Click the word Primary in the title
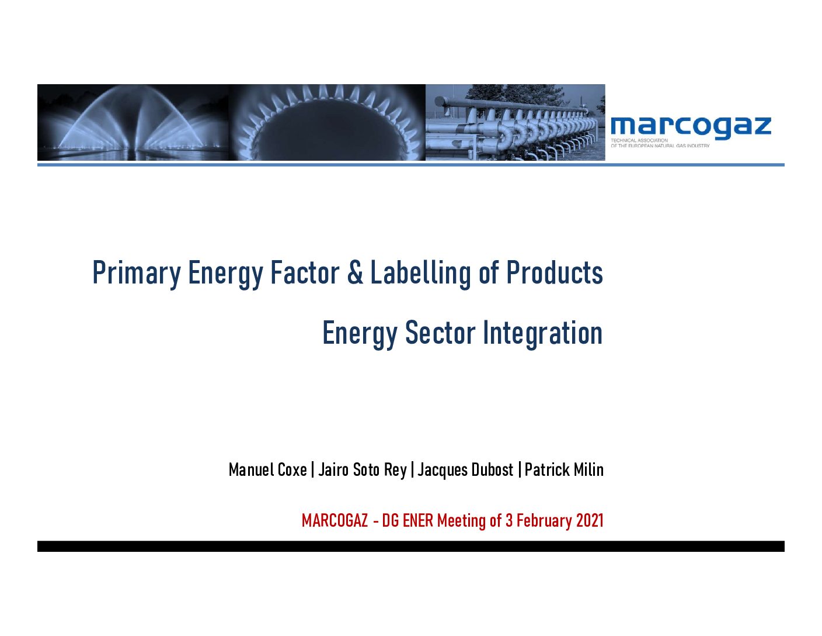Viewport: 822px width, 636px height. tap(137, 273)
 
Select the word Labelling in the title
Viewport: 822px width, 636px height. tap(421, 273)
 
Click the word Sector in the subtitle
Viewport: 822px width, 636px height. tap(440, 333)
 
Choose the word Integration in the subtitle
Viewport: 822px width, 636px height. tap(543, 334)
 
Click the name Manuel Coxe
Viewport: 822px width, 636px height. tap(267, 470)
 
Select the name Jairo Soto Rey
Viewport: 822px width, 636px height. tap(363, 470)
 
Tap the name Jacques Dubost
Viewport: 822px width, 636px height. tap(465, 470)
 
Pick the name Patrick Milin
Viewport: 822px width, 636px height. tap(563, 470)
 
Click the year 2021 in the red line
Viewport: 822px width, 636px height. tap(590, 520)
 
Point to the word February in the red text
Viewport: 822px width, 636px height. tap(544, 521)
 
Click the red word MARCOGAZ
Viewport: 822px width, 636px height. tap(335, 520)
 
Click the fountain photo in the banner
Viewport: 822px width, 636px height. tap(133, 122)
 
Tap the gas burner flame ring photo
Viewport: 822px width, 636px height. tap(327, 122)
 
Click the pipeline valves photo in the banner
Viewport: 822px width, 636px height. tap(516, 122)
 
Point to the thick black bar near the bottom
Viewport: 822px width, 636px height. tap(411, 546)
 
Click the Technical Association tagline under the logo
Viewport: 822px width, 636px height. tap(660, 143)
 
